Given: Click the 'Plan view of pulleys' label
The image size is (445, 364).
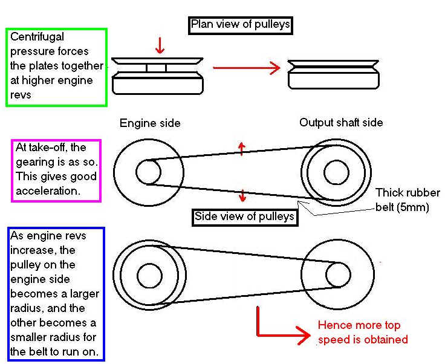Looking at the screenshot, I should [241, 25].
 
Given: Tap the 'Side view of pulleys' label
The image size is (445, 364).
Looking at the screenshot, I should [245, 216].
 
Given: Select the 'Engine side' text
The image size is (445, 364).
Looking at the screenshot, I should [150, 123].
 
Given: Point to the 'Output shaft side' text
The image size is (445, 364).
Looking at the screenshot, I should [341, 122].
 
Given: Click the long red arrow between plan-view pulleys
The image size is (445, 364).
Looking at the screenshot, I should [247, 68].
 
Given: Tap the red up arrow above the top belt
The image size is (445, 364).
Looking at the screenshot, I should [242, 148].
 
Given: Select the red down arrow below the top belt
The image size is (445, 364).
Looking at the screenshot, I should [242, 195].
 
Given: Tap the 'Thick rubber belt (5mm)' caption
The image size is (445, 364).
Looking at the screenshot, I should [407, 200].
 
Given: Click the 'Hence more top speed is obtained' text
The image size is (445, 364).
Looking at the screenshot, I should [363, 333].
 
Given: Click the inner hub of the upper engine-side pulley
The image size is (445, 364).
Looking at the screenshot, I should [148, 172].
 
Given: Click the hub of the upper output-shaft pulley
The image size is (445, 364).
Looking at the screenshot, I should [336, 172].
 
